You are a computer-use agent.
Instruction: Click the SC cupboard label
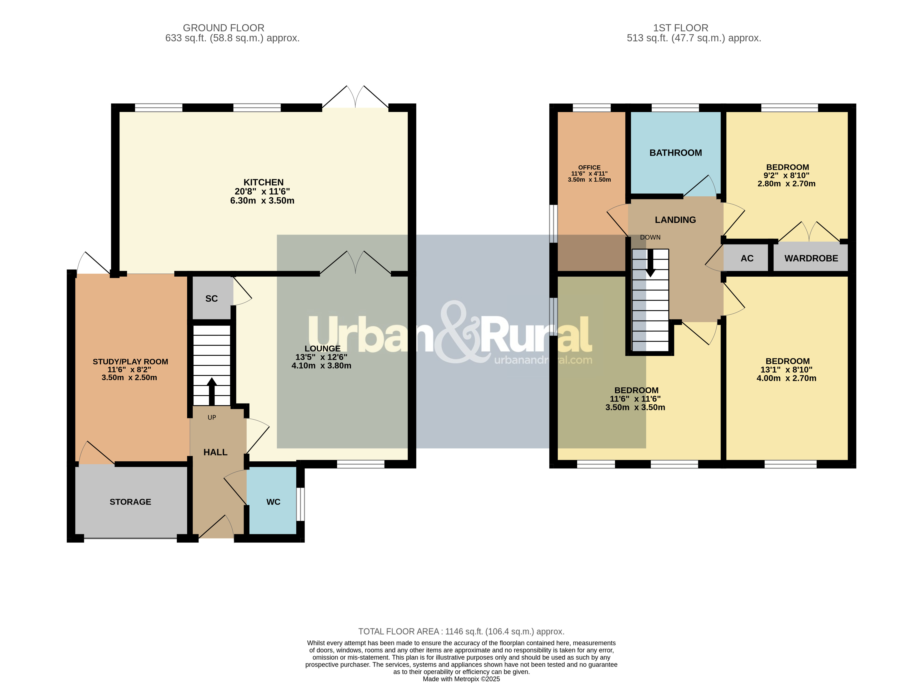(211, 298)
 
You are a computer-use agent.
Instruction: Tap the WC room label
(273, 502)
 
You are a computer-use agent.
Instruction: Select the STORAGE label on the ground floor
(130, 502)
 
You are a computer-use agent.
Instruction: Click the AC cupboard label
(747, 258)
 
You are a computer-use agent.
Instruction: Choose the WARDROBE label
(811, 258)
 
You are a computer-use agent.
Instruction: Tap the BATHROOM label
(675, 153)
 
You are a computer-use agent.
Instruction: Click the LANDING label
(675, 220)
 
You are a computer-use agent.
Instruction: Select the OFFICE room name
(589, 167)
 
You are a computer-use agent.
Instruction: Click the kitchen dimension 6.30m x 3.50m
(262, 201)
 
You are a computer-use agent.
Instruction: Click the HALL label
(215, 452)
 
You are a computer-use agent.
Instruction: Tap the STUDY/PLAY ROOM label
(130, 362)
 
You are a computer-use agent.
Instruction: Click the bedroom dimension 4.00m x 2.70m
(786, 378)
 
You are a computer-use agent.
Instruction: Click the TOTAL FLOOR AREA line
(461, 631)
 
